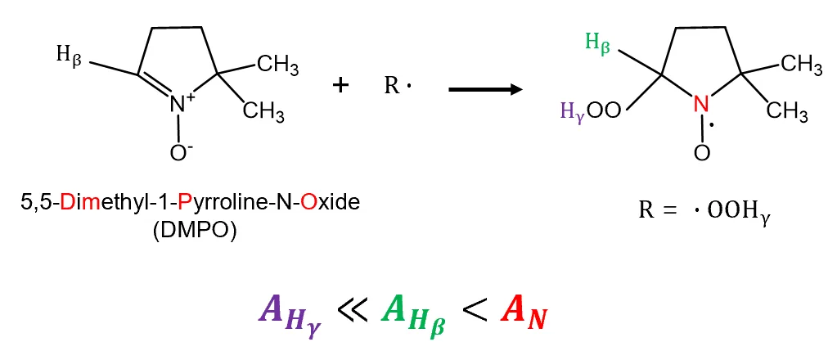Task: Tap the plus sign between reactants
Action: point(340,85)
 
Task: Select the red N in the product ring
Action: point(701,104)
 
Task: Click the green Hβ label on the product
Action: point(597,42)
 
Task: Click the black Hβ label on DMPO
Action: point(69,56)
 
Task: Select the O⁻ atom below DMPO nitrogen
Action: point(179,153)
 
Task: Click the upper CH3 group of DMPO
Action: point(277,66)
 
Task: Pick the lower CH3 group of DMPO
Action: point(263,111)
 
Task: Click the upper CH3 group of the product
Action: point(801,65)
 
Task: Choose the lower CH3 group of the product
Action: point(787,110)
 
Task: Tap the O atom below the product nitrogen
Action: point(702,153)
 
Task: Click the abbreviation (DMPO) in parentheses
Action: point(194,233)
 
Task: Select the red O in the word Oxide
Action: point(308,204)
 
